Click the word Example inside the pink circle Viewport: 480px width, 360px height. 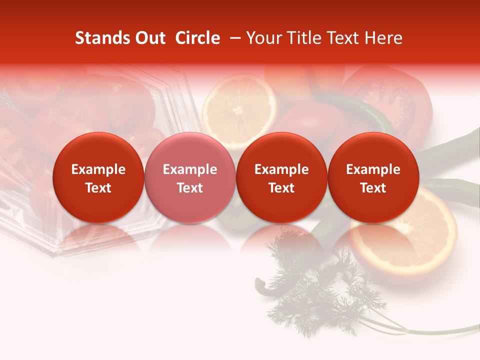189,169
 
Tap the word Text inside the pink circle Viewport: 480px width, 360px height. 189,188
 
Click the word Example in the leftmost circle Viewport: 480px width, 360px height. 98,169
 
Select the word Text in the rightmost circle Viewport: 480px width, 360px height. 373,188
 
